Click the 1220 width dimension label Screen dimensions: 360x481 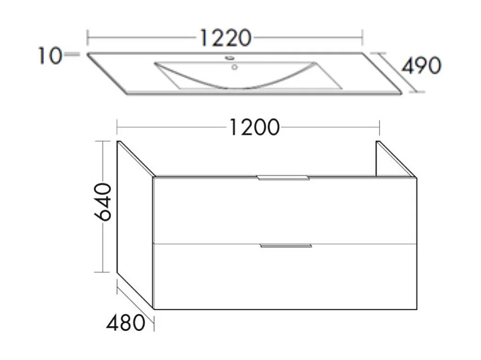coord(225,38)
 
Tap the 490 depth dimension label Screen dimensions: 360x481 coord(421,66)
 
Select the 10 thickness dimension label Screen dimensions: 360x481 coord(49,55)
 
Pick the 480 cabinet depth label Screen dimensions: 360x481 coord(125,322)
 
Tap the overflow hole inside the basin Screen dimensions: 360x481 coord(234,68)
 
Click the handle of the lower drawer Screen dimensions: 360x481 coord(286,246)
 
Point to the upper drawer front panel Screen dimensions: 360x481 coord(285,211)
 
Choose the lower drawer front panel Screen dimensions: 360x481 coord(285,277)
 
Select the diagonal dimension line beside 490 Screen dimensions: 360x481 coord(396,73)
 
